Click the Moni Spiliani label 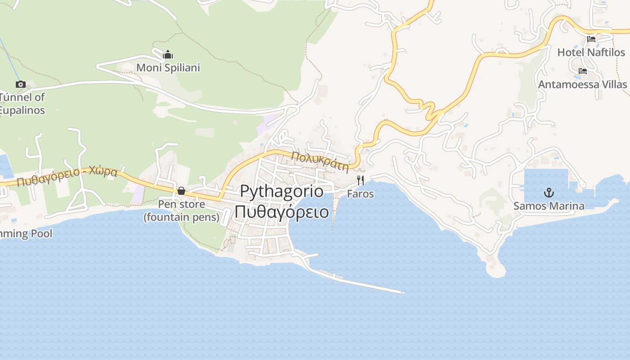coord(168,67)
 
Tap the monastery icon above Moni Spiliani coord(168,55)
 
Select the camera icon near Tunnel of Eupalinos coord(20,84)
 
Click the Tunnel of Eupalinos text coord(22,103)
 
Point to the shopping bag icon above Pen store coord(181,191)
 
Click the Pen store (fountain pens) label coord(181,211)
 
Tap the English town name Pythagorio coord(282,191)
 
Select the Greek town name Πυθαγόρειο coord(282,211)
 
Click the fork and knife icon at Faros coord(360,180)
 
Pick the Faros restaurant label coord(360,194)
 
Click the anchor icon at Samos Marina coord(549,193)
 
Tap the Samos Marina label coord(549,206)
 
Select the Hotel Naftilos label coord(591,52)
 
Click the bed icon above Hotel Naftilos coord(591,39)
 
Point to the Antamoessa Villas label coord(582,85)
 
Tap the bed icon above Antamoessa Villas coord(583,71)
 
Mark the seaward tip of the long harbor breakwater coord(402,292)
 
